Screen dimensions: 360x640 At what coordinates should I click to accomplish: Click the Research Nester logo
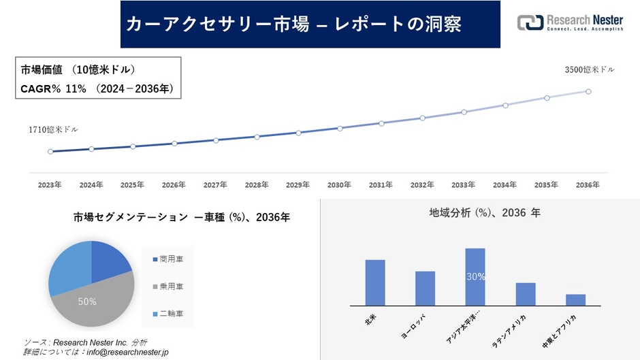click(570, 23)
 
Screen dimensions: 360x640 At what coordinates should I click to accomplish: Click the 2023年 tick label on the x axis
click(50, 184)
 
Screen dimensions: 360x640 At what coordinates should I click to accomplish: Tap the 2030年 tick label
click(339, 184)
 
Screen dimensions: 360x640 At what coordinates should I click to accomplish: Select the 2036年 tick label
click(588, 184)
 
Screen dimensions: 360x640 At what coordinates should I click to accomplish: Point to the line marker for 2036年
click(588, 91)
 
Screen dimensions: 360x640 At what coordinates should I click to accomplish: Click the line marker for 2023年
click(50, 151)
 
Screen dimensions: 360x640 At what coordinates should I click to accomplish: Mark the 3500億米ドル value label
click(590, 69)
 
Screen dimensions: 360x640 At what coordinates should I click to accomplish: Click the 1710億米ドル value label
click(53, 129)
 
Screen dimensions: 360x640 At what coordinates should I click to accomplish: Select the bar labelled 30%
click(475, 277)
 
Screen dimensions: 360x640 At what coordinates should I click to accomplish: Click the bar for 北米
click(375, 282)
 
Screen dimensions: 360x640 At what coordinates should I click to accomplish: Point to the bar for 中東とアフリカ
click(575, 299)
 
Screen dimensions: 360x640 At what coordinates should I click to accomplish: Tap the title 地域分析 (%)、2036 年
click(484, 213)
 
